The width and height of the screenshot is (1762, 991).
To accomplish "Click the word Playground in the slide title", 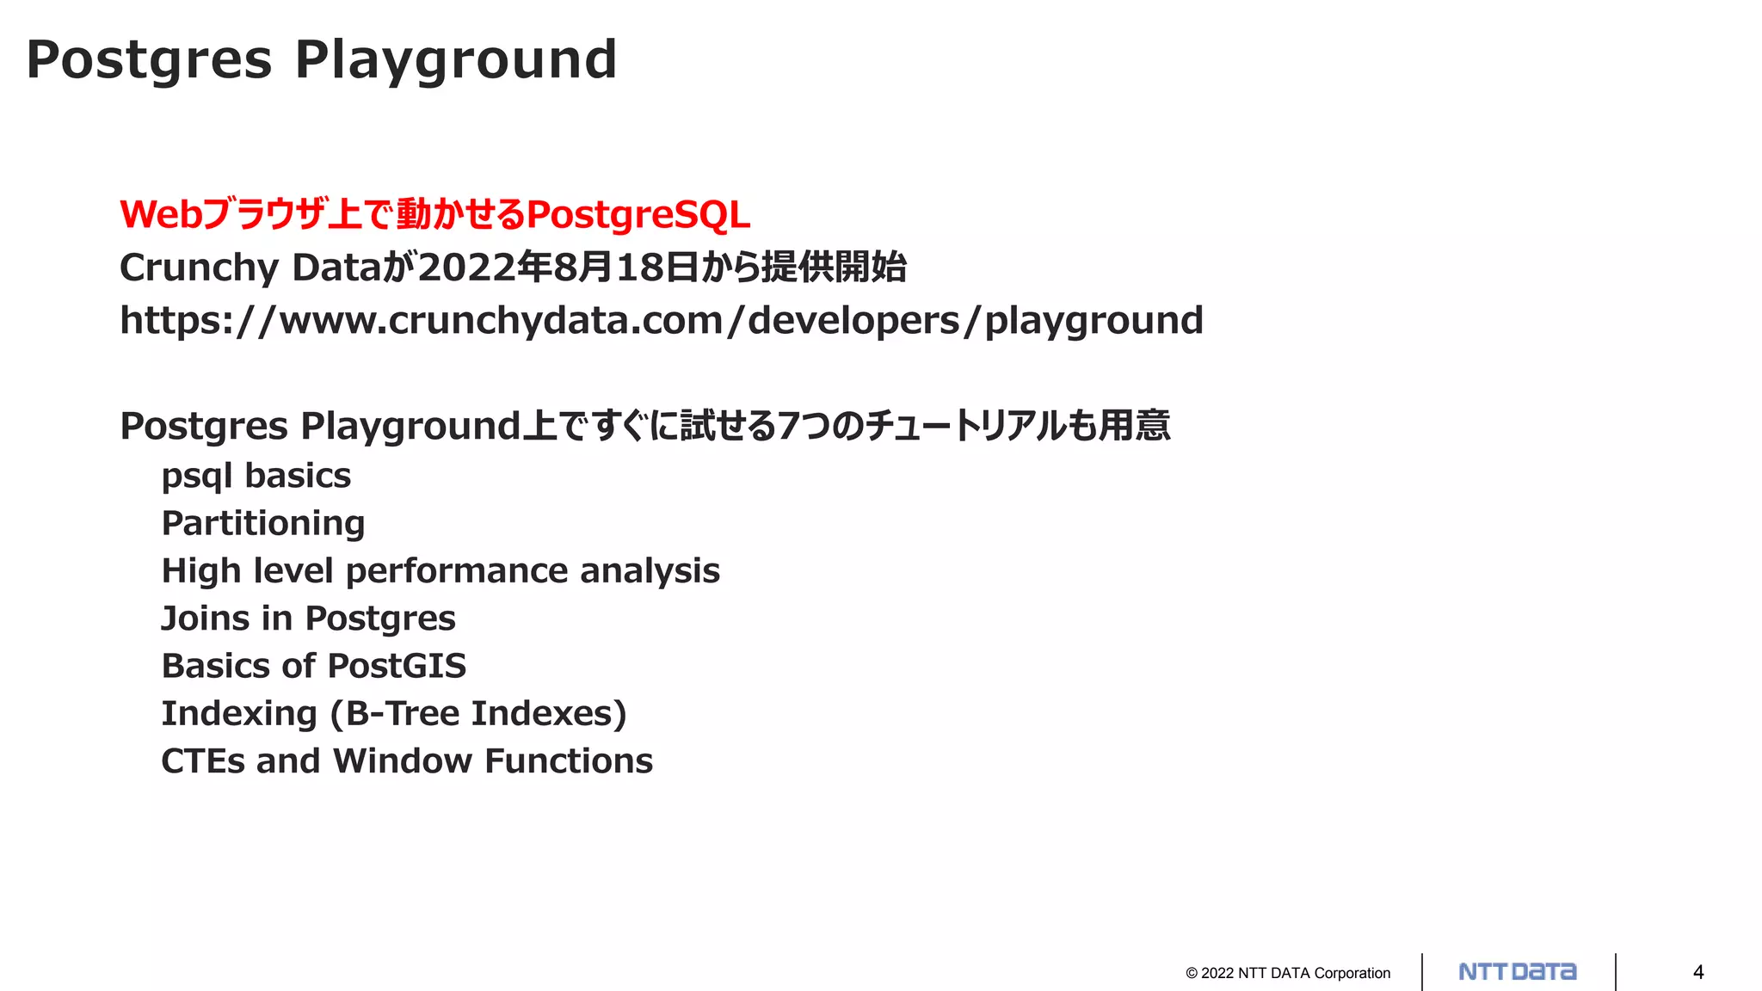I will [x=456, y=60].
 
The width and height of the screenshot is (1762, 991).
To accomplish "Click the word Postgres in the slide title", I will [x=149, y=60].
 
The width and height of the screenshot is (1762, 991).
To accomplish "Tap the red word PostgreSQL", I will [x=638, y=214].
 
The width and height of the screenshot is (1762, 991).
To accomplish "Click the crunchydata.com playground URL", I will [x=661, y=321].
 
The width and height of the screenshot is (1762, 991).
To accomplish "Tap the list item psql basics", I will [x=256, y=476].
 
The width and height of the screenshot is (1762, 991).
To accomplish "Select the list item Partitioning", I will [x=263, y=523].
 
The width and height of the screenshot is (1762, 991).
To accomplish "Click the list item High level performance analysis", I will [x=440, y=571].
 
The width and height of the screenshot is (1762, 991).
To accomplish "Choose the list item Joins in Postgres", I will [x=308, y=619].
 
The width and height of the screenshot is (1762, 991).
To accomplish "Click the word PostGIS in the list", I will [x=397, y=666].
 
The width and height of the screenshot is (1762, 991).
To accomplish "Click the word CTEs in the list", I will [x=203, y=761].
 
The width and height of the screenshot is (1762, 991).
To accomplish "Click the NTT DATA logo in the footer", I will [x=1518, y=972].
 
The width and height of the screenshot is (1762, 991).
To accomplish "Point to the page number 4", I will [x=1698, y=972].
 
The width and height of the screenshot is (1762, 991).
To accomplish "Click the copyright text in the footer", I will [x=1288, y=973].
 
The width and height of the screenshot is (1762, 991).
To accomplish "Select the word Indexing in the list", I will [x=239, y=713].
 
